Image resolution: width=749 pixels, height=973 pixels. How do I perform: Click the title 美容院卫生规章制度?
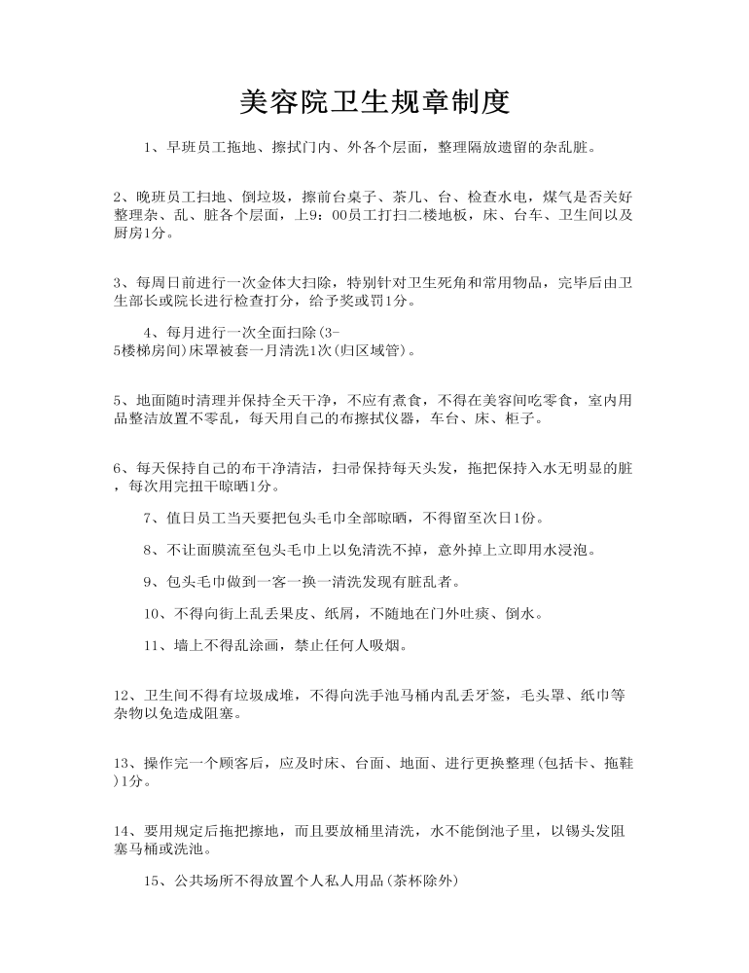point(374,101)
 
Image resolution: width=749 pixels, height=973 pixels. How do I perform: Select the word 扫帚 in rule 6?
point(347,468)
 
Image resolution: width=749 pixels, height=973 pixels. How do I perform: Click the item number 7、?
point(154,517)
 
